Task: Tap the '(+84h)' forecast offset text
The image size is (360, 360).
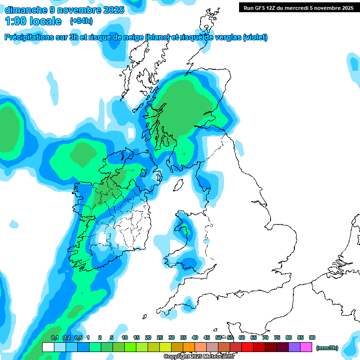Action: coord(81,21)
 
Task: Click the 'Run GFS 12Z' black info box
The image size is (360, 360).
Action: coord(297,7)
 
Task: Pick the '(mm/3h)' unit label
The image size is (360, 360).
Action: coord(327,348)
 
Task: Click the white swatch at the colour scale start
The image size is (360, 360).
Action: coord(48,347)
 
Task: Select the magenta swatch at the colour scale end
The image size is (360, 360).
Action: coord(306,347)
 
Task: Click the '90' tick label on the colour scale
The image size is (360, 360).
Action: coord(312,337)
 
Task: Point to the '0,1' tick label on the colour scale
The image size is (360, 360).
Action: coord(55,337)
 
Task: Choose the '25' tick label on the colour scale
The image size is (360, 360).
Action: coord(160,337)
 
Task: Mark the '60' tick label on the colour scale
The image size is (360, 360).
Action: coord(242,337)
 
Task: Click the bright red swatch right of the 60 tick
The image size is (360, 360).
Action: coord(247,347)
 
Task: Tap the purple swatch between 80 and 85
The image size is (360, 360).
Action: coord(294,347)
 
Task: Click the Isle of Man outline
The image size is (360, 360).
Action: coord(178,185)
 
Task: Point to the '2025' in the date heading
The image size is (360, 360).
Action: coord(112,10)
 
